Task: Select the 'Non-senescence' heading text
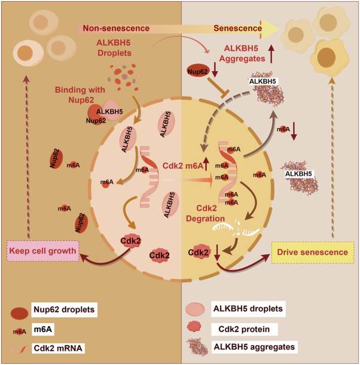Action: pos(116,28)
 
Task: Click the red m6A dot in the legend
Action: pos(20,331)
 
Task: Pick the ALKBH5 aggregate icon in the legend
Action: pos(199,348)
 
